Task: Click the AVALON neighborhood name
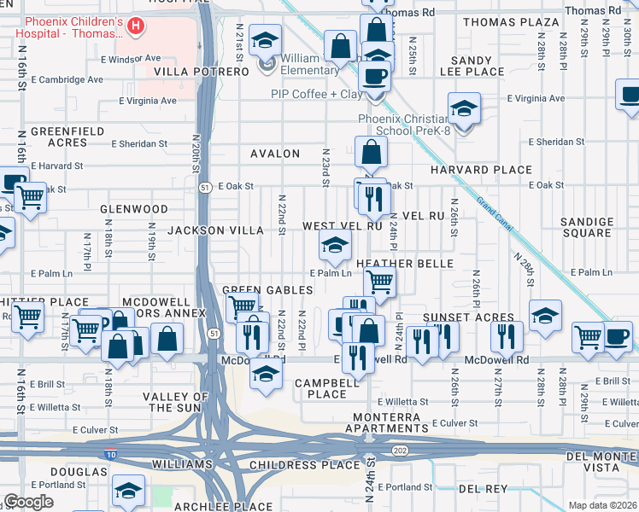tap(275, 154)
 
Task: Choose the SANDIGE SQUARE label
tap(586, 227)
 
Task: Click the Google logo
tap(29, 502)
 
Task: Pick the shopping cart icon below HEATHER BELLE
tap(379, 281)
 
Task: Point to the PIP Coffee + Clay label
tap(317, 94)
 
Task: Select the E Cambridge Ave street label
tap(67, 80)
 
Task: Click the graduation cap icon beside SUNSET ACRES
tap(545, 315)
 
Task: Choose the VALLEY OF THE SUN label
tap(175, 403)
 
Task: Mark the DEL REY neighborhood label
tap(483, 488)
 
